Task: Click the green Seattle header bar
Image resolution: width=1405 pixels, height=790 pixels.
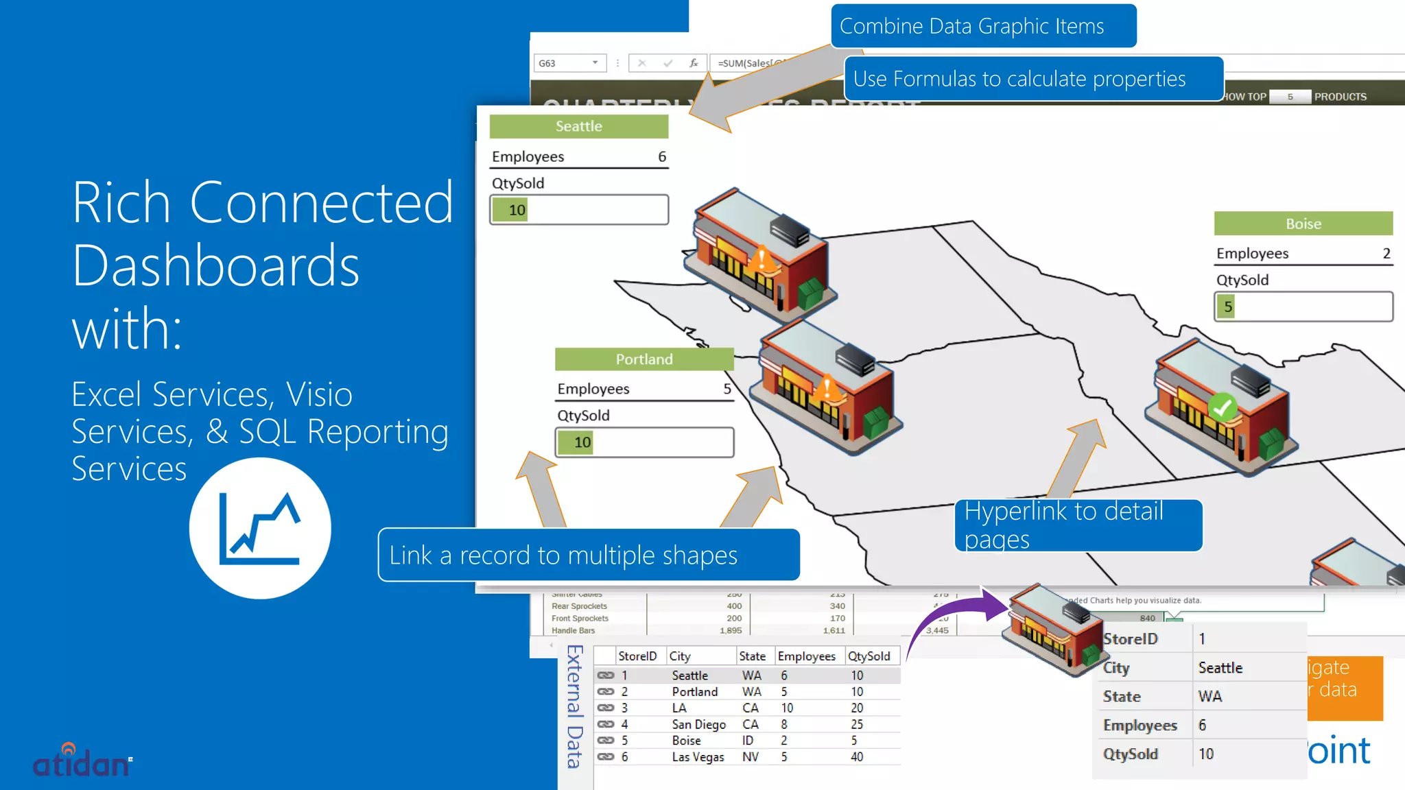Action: (578, 126)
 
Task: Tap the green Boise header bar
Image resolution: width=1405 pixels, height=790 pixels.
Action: (1303, 224)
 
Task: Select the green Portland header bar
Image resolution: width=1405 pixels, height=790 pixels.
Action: (644, 359)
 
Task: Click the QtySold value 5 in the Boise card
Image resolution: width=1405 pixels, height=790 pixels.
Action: (1228, 307)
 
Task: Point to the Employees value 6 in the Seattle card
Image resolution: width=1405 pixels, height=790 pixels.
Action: (662, 156)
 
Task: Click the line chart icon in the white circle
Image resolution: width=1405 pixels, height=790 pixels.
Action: (260, 529)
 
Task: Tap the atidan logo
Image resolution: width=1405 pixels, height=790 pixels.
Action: (82, 761)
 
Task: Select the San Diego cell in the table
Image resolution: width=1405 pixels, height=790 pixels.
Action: (698, 724)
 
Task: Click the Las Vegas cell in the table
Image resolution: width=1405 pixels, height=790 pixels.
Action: (698, 757)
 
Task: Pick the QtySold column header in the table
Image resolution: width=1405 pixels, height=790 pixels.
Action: (869, 656)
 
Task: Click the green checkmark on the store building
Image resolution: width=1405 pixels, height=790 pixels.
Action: (1222, 407)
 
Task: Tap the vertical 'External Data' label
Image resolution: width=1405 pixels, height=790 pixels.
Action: (575, 706)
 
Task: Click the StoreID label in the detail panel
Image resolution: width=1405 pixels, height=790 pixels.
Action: (1130, 639)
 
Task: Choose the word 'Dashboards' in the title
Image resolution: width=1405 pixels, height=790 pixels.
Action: (215, 266)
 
